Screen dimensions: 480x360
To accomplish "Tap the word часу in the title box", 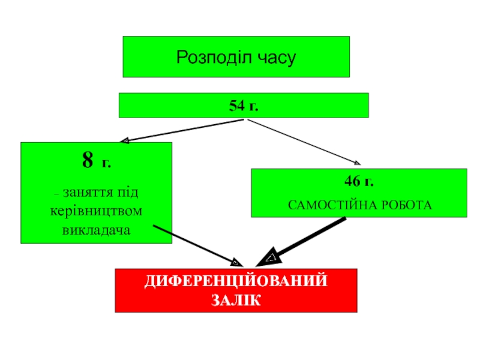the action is (277, 58).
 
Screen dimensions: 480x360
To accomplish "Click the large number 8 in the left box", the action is (88, 160).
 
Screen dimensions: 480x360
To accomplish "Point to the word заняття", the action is (88, 193).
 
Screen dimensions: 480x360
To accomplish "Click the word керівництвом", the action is (97, 212).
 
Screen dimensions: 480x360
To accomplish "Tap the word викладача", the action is (97, 230).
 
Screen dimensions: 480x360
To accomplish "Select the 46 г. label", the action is (359, 181).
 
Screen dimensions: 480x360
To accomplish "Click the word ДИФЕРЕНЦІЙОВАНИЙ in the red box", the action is (236, 281).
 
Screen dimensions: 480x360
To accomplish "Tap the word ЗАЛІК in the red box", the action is (236, 299).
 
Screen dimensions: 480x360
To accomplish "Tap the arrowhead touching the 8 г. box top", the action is (125, 142).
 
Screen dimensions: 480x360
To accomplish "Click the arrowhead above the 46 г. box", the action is (356, 161).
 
